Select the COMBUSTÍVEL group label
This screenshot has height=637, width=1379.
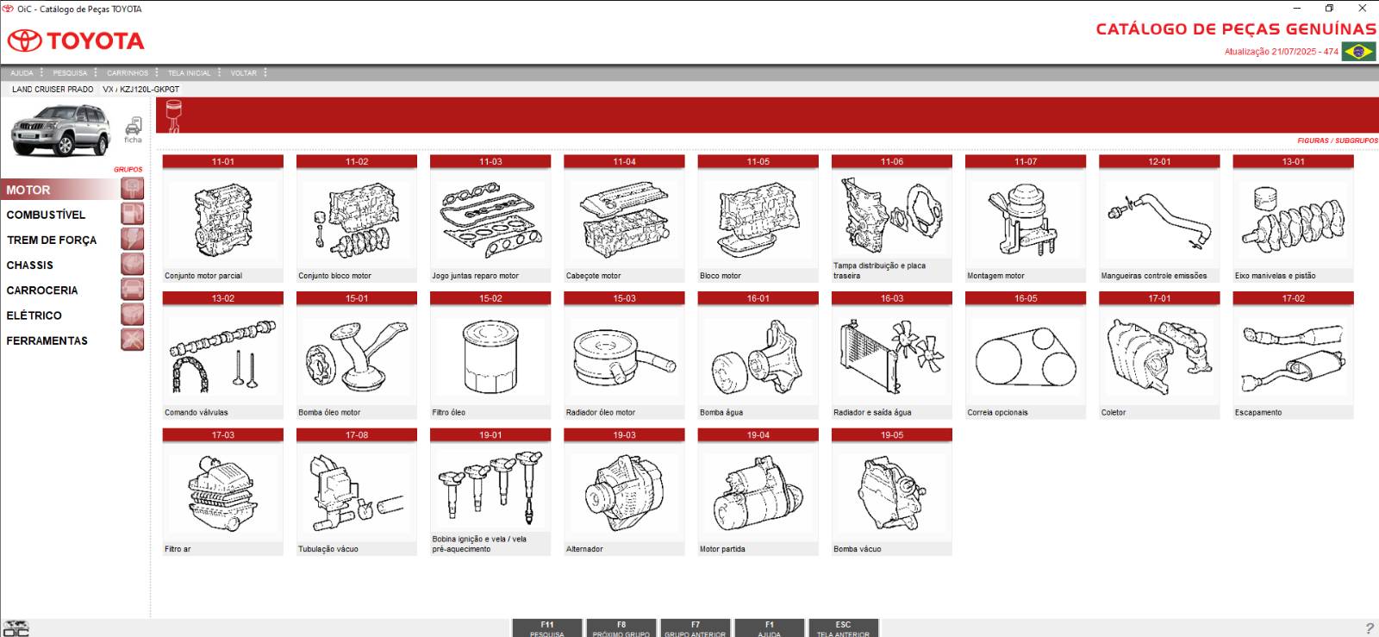click(47, 215)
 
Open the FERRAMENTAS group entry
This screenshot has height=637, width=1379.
click(47, 340)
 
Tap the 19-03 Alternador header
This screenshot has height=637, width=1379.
click(624, 435)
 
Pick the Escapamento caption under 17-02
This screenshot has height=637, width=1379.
click(1258, 413)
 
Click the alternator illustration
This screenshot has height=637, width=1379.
click(624, 493)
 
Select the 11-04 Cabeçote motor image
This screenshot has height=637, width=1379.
click(624, 220)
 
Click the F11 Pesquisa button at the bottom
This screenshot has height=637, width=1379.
click(547, 628)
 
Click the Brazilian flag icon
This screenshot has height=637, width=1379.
click(1359, 52)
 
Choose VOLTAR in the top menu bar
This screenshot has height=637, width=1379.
click(243, 73)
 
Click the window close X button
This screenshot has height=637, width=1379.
click(1363, 9)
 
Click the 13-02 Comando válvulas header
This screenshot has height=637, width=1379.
click(222, 299)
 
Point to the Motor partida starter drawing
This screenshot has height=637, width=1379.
click(758, 493)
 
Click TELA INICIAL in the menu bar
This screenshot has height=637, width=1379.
click(189, 73)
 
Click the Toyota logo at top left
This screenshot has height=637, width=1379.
click(76, 41)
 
